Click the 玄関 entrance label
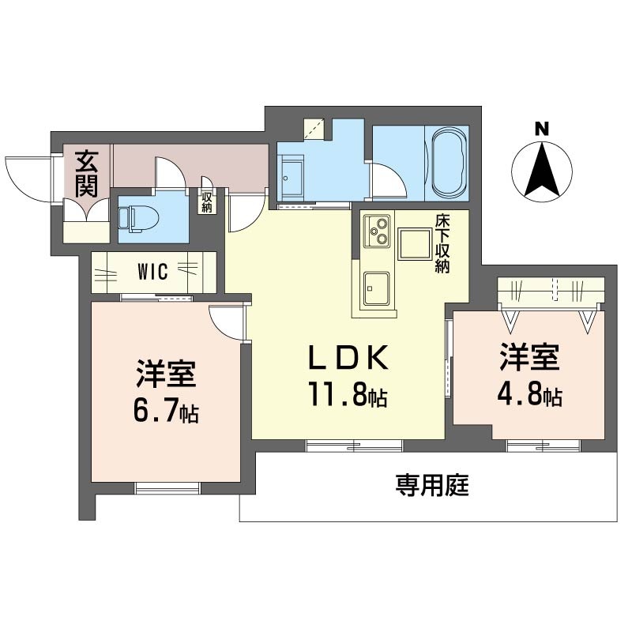(x=86, y=174)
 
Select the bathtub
(x=447, y=163)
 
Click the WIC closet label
(x=152, y=272)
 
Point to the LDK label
(x=348, y=357)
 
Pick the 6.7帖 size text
(x=166, y=410)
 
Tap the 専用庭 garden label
(x=432, y=485)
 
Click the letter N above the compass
(x=542, y=129)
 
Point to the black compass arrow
(x=542, y=168)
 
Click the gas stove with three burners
(x=377, y=231)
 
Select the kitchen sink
(x=377, y=289)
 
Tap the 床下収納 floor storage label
(x=442, y=244)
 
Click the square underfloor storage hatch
(x=415, y=244)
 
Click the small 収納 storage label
(x=207, y=202)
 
